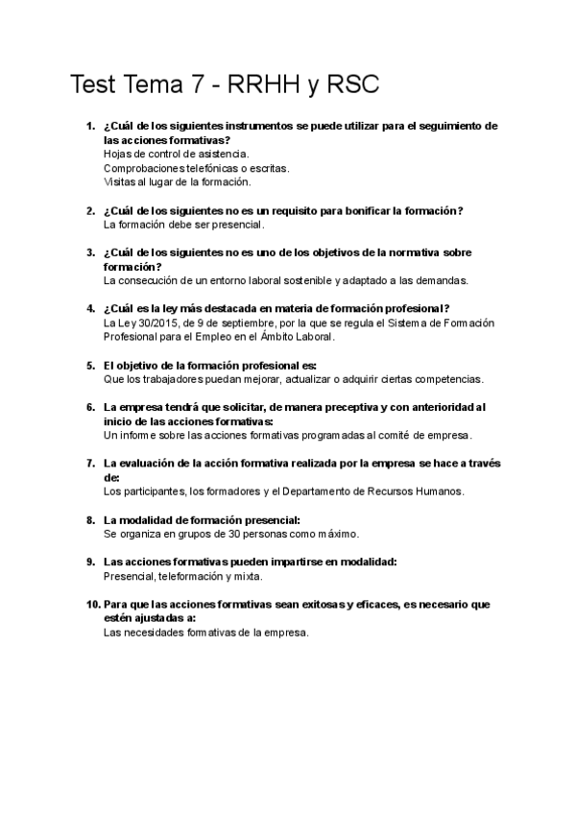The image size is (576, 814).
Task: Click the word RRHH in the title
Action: click(x=268, y=85)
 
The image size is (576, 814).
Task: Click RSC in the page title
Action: click(x=354, y=85)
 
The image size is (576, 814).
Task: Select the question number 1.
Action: click(x=89, y=126)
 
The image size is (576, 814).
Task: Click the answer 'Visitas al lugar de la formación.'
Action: click(x=177, y=181)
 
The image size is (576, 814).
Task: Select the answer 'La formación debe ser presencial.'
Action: click(x=182, y=224)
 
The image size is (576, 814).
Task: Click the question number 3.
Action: click(x=89, y=252)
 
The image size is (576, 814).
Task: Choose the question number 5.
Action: click(x=89, y=365)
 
